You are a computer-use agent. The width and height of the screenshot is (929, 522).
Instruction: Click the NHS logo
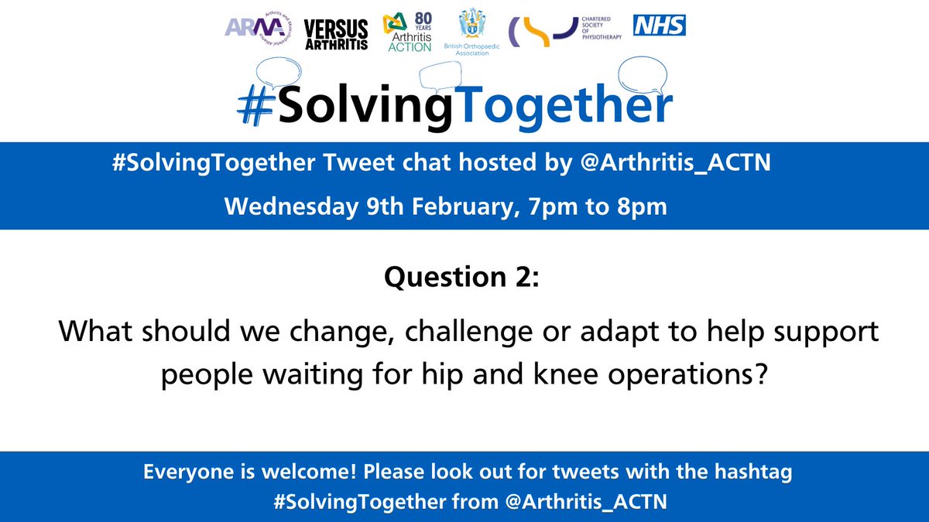[x=659, y=26]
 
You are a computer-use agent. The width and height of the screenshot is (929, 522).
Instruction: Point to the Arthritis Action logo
[x=410, y=33]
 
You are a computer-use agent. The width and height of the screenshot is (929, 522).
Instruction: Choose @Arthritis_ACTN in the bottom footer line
[x=585, y=501]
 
